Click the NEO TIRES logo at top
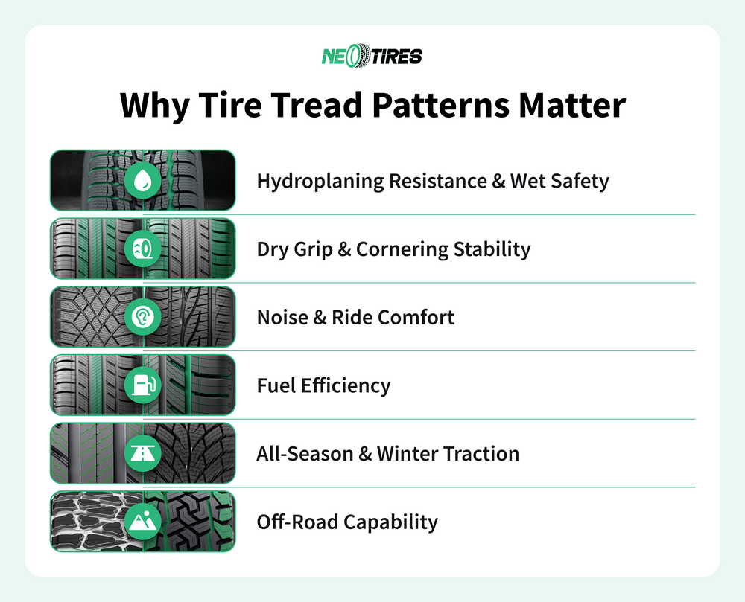pyautogui.click(x=372, y=56)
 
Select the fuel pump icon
pyautogui.click(x=142, y=385)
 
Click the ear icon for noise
pyautogui.click(x=142, y=317)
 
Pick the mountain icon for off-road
pyautogui.click(x=142, y=522)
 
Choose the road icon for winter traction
pyautogui.click(x=142, y=453)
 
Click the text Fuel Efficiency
pyautogui.click(x=323, y=386)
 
